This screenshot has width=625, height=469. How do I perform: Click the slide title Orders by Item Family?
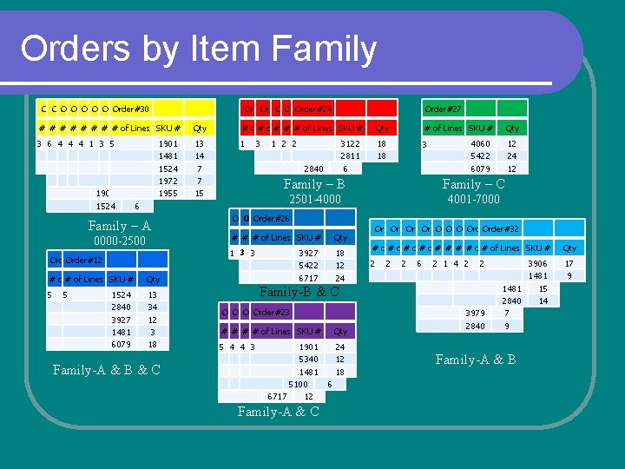pos(198,49)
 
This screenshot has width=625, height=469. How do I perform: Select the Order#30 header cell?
pos(131,109)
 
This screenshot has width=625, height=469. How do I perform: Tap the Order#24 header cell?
pos(313,109)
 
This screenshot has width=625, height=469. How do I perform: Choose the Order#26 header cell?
pos(271,218)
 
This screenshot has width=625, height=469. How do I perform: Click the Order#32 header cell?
pos(500,228)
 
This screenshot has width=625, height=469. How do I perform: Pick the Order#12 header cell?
pos(83,260)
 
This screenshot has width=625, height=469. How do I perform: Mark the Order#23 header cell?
pos(271,312)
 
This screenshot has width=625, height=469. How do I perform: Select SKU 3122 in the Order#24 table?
pos(350,143)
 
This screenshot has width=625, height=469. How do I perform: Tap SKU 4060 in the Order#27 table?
pos(480,143)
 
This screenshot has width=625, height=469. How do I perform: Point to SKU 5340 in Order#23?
pos(308,359)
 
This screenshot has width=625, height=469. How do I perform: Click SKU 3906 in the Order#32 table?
pos(537,263)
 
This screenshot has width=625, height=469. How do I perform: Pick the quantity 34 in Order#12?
pos(153,307)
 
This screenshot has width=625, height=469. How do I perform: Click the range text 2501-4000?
pos(313,200)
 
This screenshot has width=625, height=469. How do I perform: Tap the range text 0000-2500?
pos(120,241)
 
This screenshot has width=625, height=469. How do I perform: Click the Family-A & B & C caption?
pos(106,370)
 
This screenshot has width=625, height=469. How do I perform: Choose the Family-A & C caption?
pos(278,412)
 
